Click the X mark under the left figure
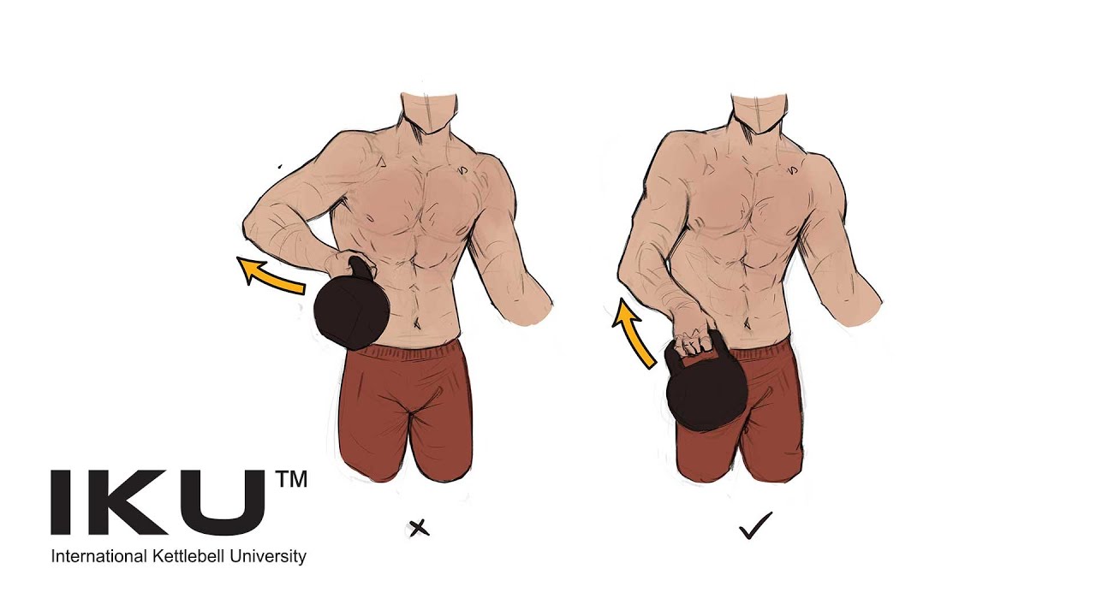pos(419,529)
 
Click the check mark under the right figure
pos(755,525)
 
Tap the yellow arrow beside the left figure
pos(271,275)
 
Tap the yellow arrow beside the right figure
pos(634,334)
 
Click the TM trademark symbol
pos(292,480)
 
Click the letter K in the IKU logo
pos(128,502)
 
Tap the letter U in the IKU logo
pos(224,502)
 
